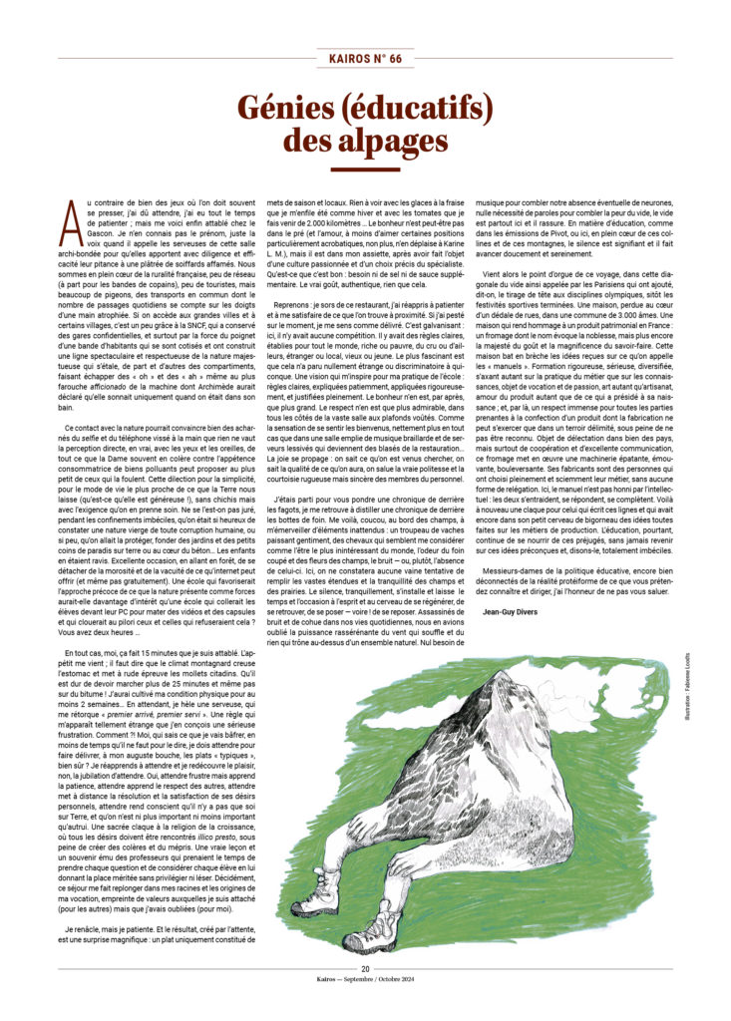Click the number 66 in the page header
click(395, 59)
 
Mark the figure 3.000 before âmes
click(584, 370)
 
